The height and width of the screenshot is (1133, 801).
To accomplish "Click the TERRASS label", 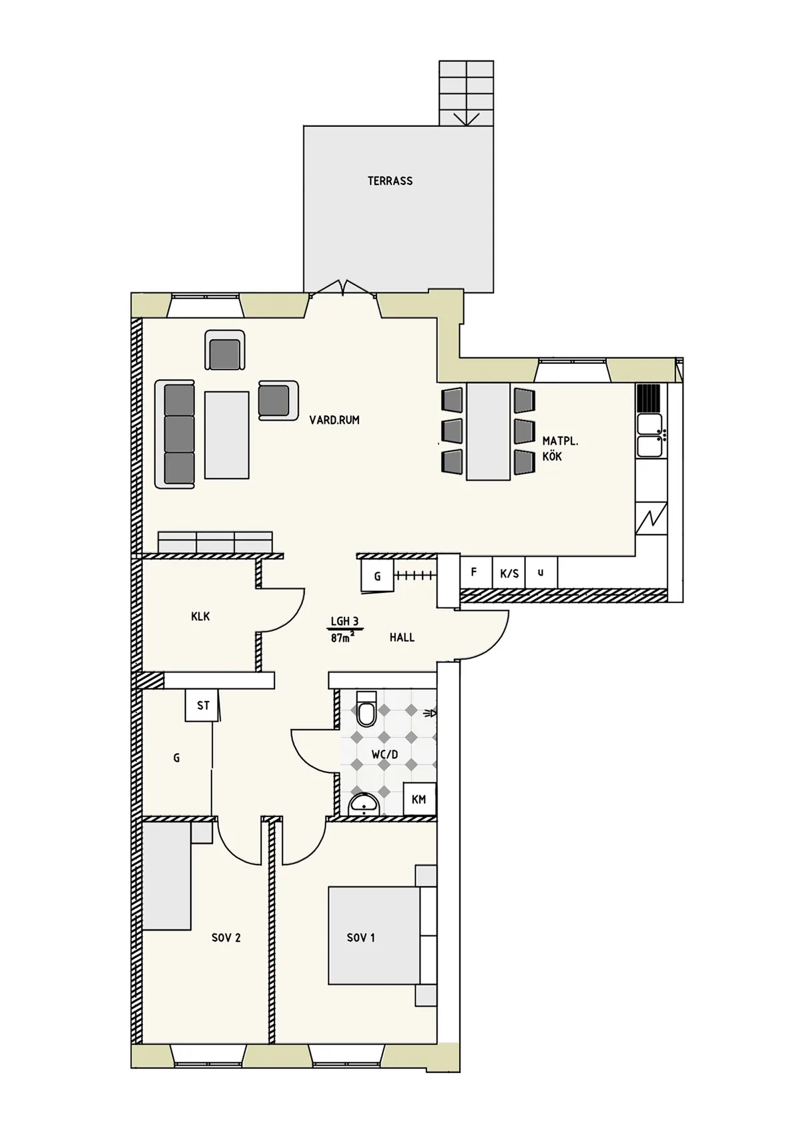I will click(390, 181).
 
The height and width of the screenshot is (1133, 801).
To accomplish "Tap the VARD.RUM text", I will click(334, 420).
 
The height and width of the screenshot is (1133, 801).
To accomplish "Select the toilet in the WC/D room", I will click(366, 710).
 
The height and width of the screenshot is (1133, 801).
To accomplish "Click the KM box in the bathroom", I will click(419, 799).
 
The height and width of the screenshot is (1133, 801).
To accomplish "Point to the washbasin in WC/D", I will click(364, 805).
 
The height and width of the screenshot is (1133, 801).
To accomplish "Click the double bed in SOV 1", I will click(374, 935).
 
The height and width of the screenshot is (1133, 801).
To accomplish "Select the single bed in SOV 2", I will click(167, 875).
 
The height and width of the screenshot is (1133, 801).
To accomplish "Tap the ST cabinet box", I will click(203, 705).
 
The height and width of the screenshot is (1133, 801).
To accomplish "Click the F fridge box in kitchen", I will click(475, 572).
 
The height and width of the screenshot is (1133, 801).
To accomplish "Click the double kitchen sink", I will click(650, 435).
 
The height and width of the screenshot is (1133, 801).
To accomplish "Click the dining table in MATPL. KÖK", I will click(489, 431).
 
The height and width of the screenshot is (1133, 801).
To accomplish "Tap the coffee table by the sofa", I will click(227, 435).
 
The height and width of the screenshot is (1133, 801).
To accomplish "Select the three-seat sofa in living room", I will click(177, 434).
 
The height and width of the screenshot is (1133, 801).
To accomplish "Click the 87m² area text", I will click(342, 638).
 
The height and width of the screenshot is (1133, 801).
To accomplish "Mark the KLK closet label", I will click(200, 616).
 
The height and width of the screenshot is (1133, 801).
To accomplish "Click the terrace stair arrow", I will click(466, 119).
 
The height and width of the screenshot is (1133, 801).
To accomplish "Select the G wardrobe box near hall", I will click(377, 576).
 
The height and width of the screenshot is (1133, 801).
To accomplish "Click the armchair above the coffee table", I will click(225, 352).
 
